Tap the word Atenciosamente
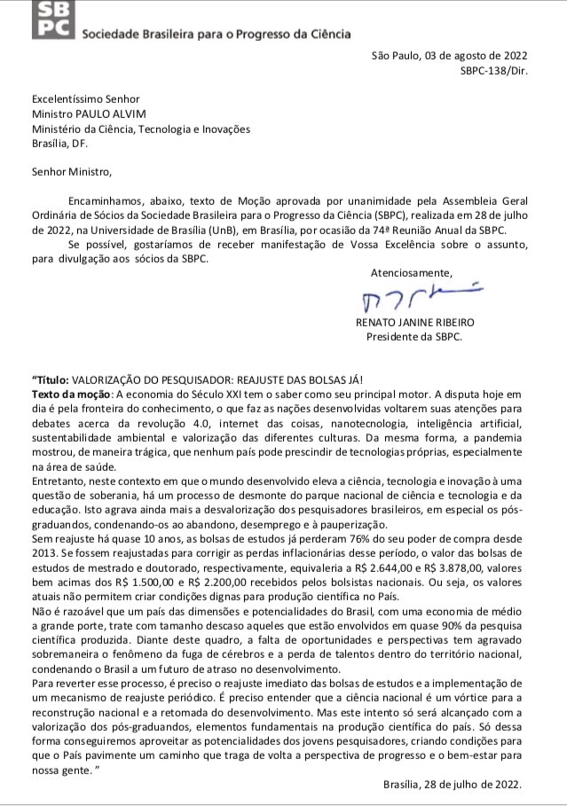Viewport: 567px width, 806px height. coord(410,273)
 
